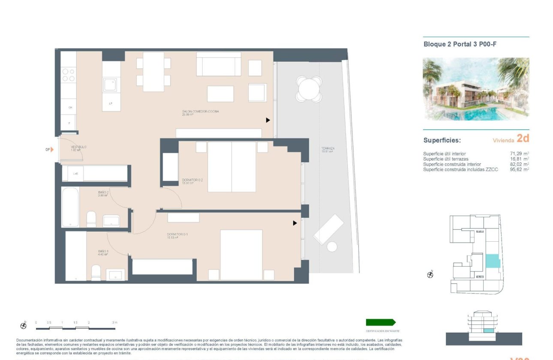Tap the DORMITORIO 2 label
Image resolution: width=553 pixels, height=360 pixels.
(192, 180)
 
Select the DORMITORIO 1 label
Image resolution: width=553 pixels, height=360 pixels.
(177, 234)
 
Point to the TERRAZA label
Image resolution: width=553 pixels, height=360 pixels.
(328, 149)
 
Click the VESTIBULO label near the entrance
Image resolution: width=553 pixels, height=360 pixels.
(79, 147)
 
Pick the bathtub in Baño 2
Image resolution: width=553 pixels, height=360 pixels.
(70, 207)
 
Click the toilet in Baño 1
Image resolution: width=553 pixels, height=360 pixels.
(96, 273)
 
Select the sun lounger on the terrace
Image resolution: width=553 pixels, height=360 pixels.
(328, 229)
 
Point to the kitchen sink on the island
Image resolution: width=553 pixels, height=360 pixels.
(111, 84)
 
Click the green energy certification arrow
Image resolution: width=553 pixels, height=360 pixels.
(380, 322)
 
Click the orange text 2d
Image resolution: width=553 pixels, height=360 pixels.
(523, 138)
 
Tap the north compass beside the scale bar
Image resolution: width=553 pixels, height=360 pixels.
(24, 326)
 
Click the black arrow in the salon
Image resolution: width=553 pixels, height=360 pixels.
(268, 120)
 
